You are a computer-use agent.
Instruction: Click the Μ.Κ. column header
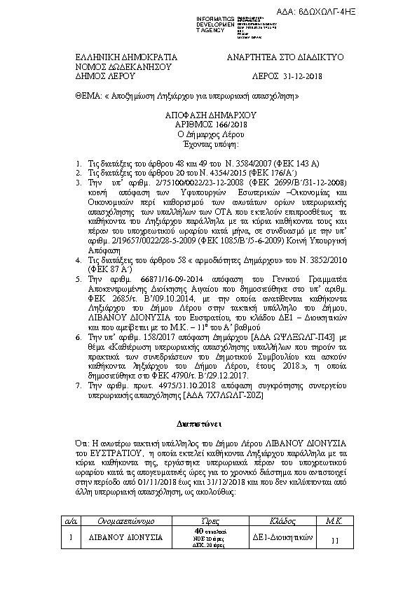coord(333,521)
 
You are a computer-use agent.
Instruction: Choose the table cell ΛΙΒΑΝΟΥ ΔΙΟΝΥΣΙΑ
coord(127,539)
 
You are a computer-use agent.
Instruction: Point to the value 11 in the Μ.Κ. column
coord(334,540)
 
